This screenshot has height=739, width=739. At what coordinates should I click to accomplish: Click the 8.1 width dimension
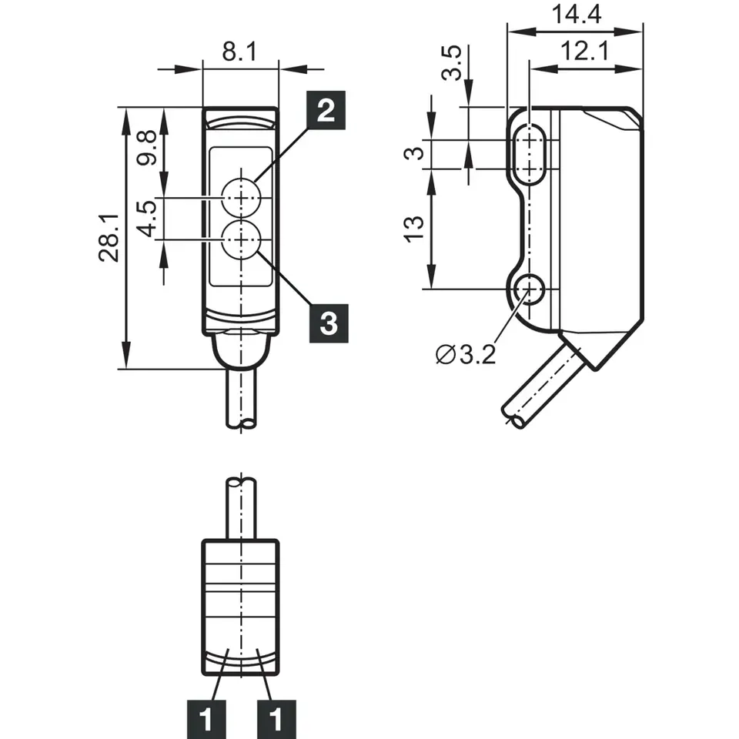coord(239,52)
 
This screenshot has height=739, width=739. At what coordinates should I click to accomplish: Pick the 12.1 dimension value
coord(588,52)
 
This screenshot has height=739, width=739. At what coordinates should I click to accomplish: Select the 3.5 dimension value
coord(454,63)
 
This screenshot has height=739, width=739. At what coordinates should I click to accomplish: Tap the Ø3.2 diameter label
coord(465,355)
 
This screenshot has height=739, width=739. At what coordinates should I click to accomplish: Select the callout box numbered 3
coord(327,323)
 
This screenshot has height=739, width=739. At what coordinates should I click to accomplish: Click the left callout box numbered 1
coord(206,719)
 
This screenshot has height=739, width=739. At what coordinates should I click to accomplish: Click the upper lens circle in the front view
coord(241,198)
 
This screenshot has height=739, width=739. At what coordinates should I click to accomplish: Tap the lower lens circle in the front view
coord(241,240)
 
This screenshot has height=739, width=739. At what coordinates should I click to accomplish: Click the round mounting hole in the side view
coord(529,289)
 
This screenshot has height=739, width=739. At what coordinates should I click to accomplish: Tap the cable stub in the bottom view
coord(242,508)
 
